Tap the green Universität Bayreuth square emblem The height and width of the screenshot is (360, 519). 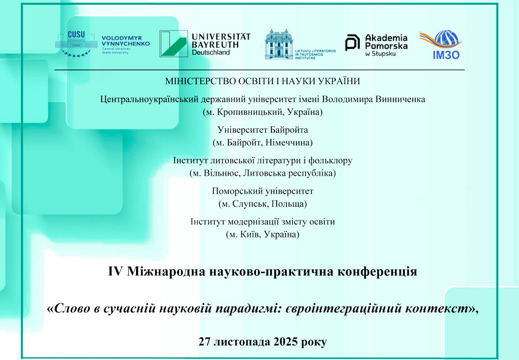pyautogui.click(x=173, y=44)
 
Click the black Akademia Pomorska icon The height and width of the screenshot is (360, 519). pyautogui.click(x=353, y=43)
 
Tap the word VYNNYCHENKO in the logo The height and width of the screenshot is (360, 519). pyautogui.click(x=126, y=44)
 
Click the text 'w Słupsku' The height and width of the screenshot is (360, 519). pyautogui.click(x=382, y=54)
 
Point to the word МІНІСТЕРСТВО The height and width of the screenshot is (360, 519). pyautogui.click(x=202, y=81)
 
